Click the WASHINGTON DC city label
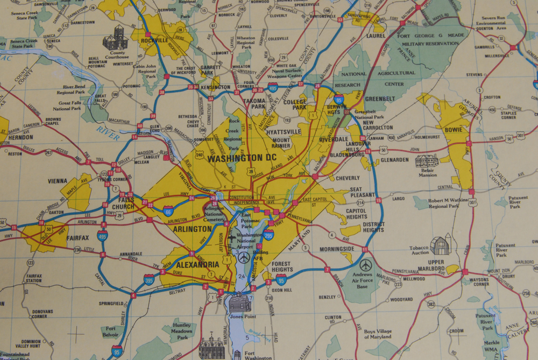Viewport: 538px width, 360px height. [x=242, y=158]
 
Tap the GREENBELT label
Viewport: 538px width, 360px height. [x=379, y=99]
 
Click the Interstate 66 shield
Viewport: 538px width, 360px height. [x=169, y=210]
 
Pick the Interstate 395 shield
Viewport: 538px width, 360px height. [x=148, y=280]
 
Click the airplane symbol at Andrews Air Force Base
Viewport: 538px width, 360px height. [x=366, y=265]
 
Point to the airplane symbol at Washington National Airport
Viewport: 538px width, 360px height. [x=244, y=258]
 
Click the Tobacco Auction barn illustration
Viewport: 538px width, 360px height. [x=441, y=244]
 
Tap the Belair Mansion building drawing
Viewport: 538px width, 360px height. [x=427, y=160]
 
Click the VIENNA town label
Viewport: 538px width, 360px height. [x=58, y=181]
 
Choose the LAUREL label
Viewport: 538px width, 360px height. [x=376, y=36]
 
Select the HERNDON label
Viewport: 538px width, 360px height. [x=20, y=137]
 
